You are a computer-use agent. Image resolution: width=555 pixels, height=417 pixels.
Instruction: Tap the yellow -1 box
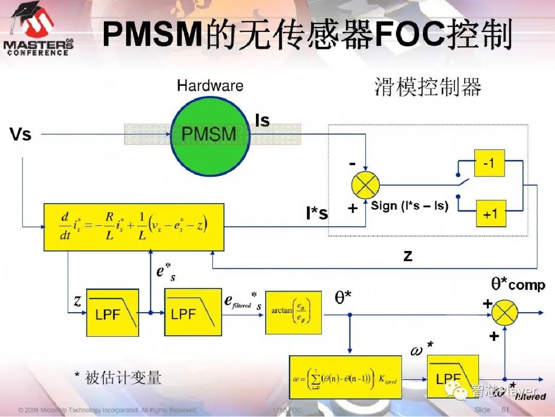click(x=489, y=164)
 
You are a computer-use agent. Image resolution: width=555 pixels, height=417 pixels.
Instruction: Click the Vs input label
click(x=21, y=135)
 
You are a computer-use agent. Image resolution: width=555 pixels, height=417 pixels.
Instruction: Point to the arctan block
click(x=293, y=313)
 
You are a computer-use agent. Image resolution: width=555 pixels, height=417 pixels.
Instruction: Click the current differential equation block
click(x=134, y=227)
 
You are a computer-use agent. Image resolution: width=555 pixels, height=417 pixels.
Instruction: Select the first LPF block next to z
click(x=113, y=313)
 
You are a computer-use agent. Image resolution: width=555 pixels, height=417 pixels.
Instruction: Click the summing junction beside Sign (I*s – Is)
click(x=365, y=185)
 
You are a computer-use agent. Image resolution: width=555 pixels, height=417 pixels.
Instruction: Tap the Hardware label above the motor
click(x=210, y=85)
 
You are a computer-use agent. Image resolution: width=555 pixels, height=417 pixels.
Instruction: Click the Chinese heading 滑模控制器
click(x=428, y=87)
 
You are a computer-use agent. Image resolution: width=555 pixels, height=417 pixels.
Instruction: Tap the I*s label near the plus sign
click(x=317, y=213)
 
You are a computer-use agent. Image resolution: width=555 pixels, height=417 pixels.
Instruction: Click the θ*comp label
click(x=518, y=284)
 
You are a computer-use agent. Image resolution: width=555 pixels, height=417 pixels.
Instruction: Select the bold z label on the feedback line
click(x=408, y=255)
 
